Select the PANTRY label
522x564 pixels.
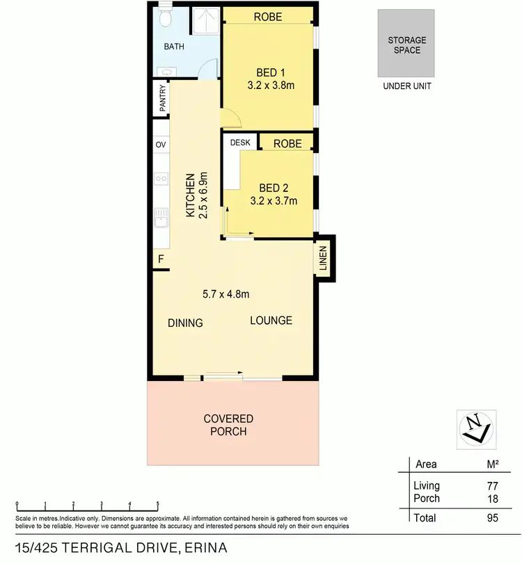(x=162, y=98)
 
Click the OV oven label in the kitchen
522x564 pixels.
(x=161, y=145)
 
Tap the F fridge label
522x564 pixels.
(x=161, y=260)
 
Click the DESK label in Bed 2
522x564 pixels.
(x=240, y=143)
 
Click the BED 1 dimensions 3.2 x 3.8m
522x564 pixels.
(x=267, y=86)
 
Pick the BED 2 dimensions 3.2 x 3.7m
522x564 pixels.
(x=274, y=202)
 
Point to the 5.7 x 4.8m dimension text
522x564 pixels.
(x=226, y=293)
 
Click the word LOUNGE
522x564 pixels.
(x=271, y=321)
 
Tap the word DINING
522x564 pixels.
(x=185, y=323)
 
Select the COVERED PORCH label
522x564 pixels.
(x=228, y=425)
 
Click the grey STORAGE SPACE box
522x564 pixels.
(x=406, y=43)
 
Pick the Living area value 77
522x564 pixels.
(x=493, y=486)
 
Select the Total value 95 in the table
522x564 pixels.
(x=493, y=517)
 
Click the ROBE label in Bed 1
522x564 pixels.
(x=268, y=17)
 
